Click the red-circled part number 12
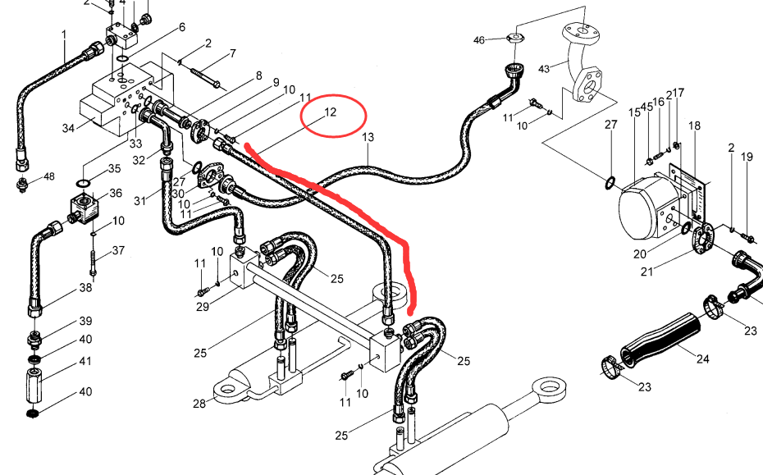pos(330,112)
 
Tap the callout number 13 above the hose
pos(368,137)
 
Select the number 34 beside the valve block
pos(69,128)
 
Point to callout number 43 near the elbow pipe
pos(544,69)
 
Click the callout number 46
pos(479,40)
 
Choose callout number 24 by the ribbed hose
pos(702,359)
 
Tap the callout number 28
pos(199,404)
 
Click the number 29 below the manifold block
pos(203,307)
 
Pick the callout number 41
pos(85,361)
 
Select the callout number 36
pos(116,193)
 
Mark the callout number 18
pos(694,126)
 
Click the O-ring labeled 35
pos(83,183)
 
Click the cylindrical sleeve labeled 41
pos(34,386)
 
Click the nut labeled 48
pos(22,185)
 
